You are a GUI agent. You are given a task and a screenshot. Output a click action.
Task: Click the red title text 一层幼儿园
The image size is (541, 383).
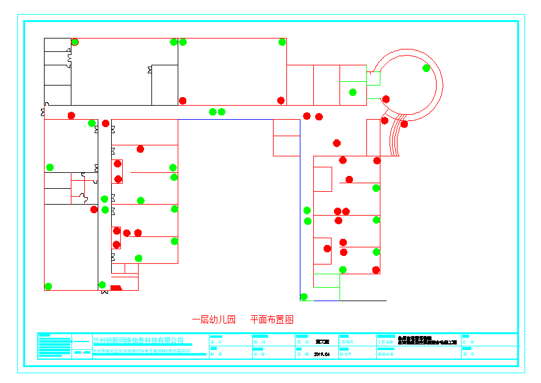point(214,319)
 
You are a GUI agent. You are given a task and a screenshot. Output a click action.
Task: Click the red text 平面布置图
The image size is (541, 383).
point(272,319)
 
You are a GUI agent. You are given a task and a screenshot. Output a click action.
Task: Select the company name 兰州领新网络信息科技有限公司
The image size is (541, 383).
point(138,340)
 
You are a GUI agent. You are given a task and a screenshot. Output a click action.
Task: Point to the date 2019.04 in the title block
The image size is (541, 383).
point(322,354)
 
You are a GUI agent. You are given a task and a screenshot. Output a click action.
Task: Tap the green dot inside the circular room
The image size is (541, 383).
point(426,68)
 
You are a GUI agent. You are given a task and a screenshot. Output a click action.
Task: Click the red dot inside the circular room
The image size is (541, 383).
point(386,99)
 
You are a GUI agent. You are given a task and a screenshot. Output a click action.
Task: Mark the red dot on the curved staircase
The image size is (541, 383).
point(404,124)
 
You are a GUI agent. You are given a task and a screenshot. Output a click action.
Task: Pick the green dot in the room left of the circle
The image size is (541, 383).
point(353,92)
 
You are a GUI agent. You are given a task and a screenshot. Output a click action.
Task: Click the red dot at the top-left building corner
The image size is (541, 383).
point(75,42)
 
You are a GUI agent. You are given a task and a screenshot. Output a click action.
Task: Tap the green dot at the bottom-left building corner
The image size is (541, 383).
point(48,286)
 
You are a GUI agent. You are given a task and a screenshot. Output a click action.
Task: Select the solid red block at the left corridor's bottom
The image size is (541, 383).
point(116,288)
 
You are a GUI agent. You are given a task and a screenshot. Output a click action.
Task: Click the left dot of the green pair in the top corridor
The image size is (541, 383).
point(212,112)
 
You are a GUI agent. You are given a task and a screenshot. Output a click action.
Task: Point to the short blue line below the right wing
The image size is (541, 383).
point(326,301)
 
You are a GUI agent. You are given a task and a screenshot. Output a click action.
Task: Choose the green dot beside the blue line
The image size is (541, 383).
point(303,297)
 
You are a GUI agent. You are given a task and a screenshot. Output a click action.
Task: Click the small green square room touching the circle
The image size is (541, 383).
point(374,79)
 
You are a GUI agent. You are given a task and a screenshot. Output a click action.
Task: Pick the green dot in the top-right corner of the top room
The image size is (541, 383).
point(282,42)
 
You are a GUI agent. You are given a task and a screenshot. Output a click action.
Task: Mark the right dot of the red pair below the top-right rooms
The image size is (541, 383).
point(319,117)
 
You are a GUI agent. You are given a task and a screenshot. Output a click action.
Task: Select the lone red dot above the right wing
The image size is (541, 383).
point(337,143)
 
